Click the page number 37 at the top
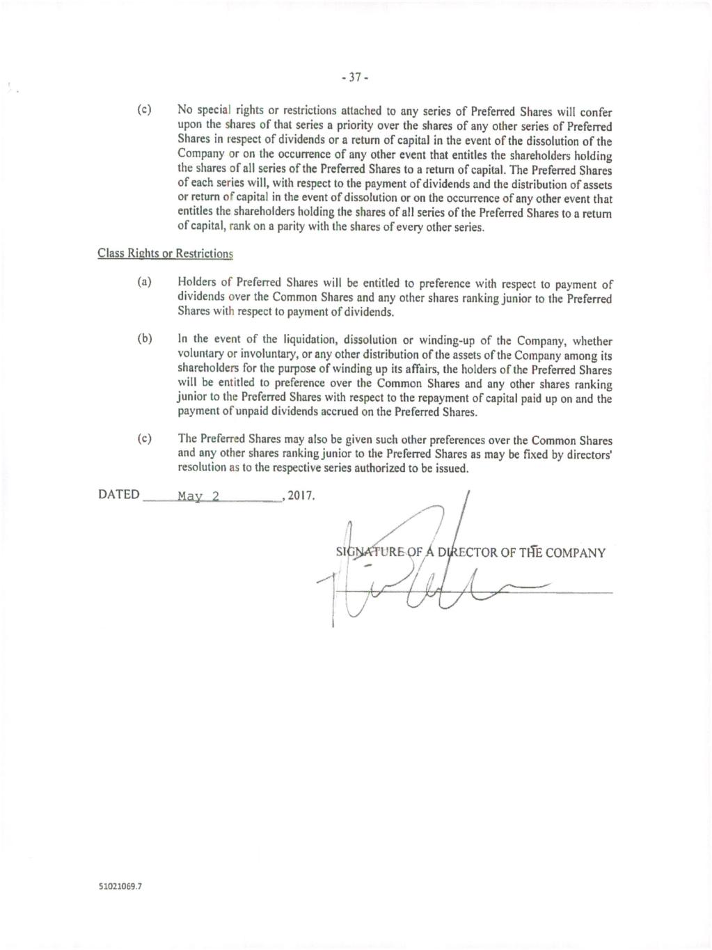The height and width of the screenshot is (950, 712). [356, 78]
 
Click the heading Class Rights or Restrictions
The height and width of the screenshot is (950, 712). [165, 253]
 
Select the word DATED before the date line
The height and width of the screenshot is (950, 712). [119, 495]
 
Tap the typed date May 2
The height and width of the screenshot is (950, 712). [198, 496]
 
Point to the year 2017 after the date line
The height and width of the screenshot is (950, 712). [301, 496]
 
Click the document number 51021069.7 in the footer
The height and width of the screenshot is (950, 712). [120, 887]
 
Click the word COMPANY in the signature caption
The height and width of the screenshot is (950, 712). [576, 553]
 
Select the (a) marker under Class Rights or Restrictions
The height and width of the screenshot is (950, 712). [145, 283]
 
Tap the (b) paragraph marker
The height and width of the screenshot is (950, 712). [145, 339]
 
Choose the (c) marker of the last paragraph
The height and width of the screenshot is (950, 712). [145, 438]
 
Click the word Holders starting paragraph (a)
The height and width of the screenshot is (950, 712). [197, 283]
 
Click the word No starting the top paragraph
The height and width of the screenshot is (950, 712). [184, 110]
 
